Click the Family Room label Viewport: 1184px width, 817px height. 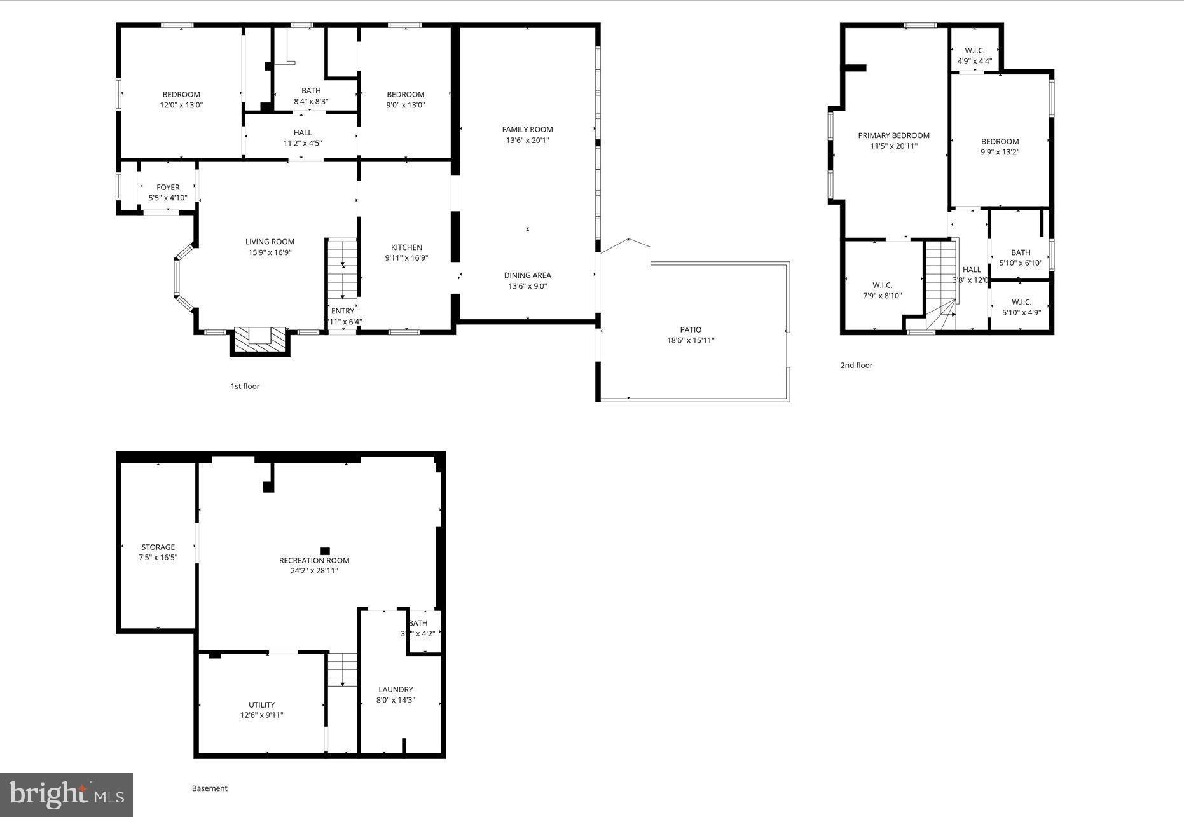[x=527, y=130]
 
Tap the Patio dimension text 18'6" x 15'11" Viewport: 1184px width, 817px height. [x=691, y=340]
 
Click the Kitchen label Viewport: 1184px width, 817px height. [x=406, y=247]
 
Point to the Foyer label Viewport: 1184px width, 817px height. [x=168, y=187]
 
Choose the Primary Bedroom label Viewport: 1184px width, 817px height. [x=893, y=135]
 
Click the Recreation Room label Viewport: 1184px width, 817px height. [x=314, y=560]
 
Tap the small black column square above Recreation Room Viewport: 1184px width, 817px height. [x=325, y=551]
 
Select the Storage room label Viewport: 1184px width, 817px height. [x=158, y=547]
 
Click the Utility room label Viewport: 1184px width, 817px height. [x=261, y=704]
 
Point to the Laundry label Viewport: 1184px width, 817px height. [x=396, y=689]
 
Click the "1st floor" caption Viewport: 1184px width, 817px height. [x=245, y=386]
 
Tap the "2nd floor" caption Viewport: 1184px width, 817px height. [x=856, y=365]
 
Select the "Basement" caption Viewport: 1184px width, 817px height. [x=209, y=788]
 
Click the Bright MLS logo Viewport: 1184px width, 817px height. [x=66, y=794]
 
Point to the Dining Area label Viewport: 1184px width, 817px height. [x=527, y=275]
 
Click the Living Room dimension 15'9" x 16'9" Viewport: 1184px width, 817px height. [x=270, y=252]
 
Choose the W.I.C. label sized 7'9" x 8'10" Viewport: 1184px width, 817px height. [x=882, y=285]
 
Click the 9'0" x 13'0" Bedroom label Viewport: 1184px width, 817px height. [x=405, y=95]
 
